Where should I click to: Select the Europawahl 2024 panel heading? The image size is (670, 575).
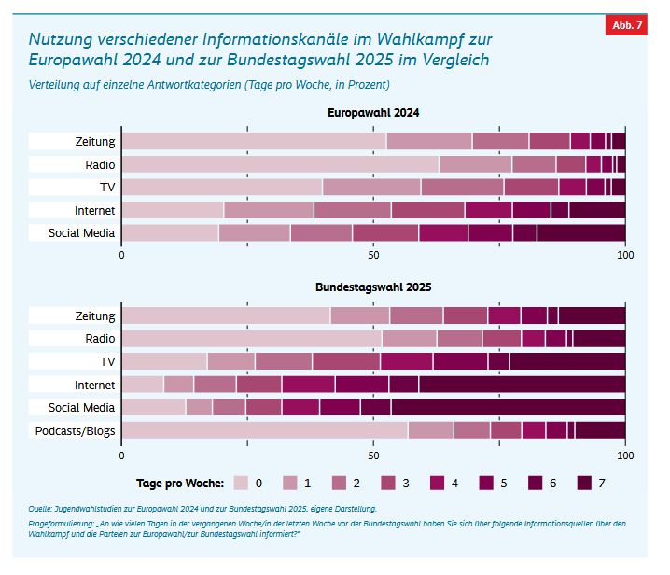(373, 113)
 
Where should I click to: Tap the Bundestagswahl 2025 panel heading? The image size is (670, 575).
(373, 287)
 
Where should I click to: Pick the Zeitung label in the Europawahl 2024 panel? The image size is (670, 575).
(94, 141)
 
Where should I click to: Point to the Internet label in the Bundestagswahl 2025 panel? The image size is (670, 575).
(94, 384)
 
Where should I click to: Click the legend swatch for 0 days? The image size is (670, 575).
(241, 483)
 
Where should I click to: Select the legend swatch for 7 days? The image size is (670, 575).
(584, 483)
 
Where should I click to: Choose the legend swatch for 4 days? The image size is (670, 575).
(438, 483)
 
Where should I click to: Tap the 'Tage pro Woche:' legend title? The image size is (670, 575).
(180, 483)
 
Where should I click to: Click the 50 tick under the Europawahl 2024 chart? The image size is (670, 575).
(373, 254)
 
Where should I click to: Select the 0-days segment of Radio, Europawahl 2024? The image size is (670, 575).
(280, 164)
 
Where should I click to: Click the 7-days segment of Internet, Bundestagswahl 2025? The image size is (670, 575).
(522, 384)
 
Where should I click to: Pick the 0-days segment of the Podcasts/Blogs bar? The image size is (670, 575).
(264, 430)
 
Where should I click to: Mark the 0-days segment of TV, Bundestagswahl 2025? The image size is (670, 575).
(164, 361)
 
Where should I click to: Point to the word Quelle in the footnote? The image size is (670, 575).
(42, 509)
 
